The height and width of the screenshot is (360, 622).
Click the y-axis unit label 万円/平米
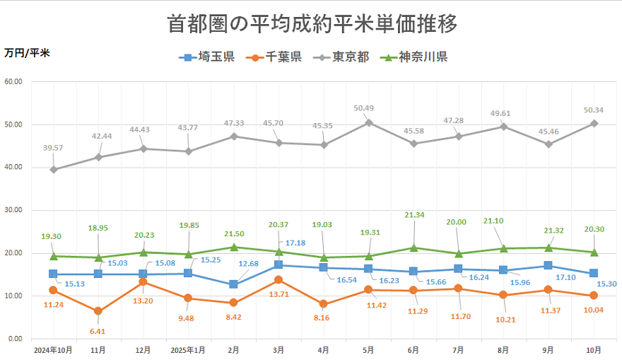tap(27, 52)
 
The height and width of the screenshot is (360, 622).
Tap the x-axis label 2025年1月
tap(188, 350)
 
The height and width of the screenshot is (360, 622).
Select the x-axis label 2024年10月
tap(52, 350)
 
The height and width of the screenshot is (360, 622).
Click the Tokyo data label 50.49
tap(368, 108)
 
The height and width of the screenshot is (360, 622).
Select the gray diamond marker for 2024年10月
tap(53, 170)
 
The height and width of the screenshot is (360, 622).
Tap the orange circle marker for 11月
tap(98, 311)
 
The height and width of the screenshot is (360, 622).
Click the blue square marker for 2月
tap(233, 284)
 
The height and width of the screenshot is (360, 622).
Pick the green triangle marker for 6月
tap(413, 248)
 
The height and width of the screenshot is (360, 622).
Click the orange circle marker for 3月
tap(278, 280)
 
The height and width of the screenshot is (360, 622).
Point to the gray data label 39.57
tap(53, 147)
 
